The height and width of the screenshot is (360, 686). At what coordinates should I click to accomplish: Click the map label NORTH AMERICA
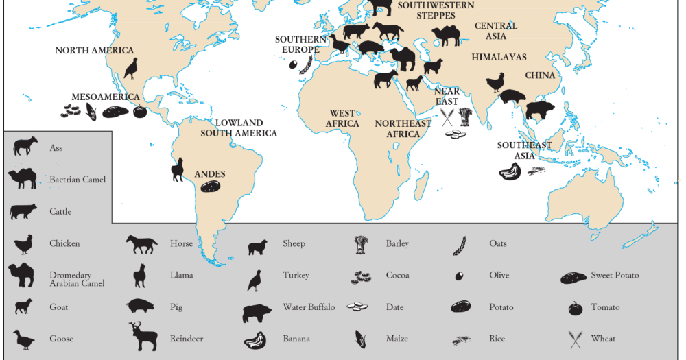[95, 50]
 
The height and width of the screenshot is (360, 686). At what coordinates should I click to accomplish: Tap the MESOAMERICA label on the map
[106, 97]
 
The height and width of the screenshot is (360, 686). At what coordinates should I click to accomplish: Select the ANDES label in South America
[210, 174]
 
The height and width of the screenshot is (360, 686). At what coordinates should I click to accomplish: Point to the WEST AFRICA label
[343, 119]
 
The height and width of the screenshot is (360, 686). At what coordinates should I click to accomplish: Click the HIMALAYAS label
[499, 57]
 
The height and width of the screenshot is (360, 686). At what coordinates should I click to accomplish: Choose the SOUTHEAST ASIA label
[524, 150]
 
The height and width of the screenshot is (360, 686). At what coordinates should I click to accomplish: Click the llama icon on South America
[178, 169]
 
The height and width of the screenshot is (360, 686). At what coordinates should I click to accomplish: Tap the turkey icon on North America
[130, 68]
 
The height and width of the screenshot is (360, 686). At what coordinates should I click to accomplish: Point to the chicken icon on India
[495, 84]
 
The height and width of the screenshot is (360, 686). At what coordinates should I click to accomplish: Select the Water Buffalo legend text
[309, 307]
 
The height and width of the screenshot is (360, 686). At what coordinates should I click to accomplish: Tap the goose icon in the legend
[23, 338]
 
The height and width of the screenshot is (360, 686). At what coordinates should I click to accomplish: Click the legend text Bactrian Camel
[78, 180]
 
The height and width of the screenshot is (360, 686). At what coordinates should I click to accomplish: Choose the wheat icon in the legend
[575, 339]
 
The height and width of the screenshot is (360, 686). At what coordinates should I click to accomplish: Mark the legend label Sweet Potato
[615, 276]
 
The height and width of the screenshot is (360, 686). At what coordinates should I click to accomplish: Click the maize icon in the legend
[361, 338]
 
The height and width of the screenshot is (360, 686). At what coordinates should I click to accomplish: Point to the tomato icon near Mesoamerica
[139, 111]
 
